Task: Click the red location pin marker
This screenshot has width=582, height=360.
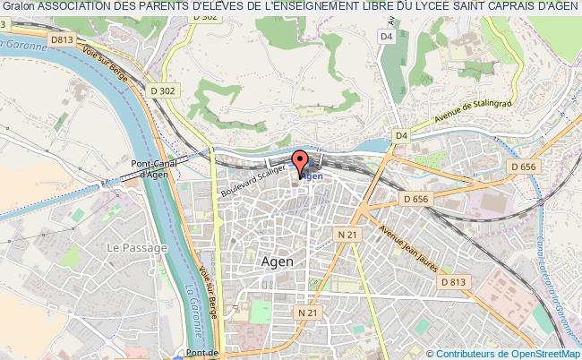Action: pyautogui.click(x=300, y=162)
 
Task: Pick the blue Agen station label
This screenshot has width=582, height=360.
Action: pyautogui.click(x=312, y=176)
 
